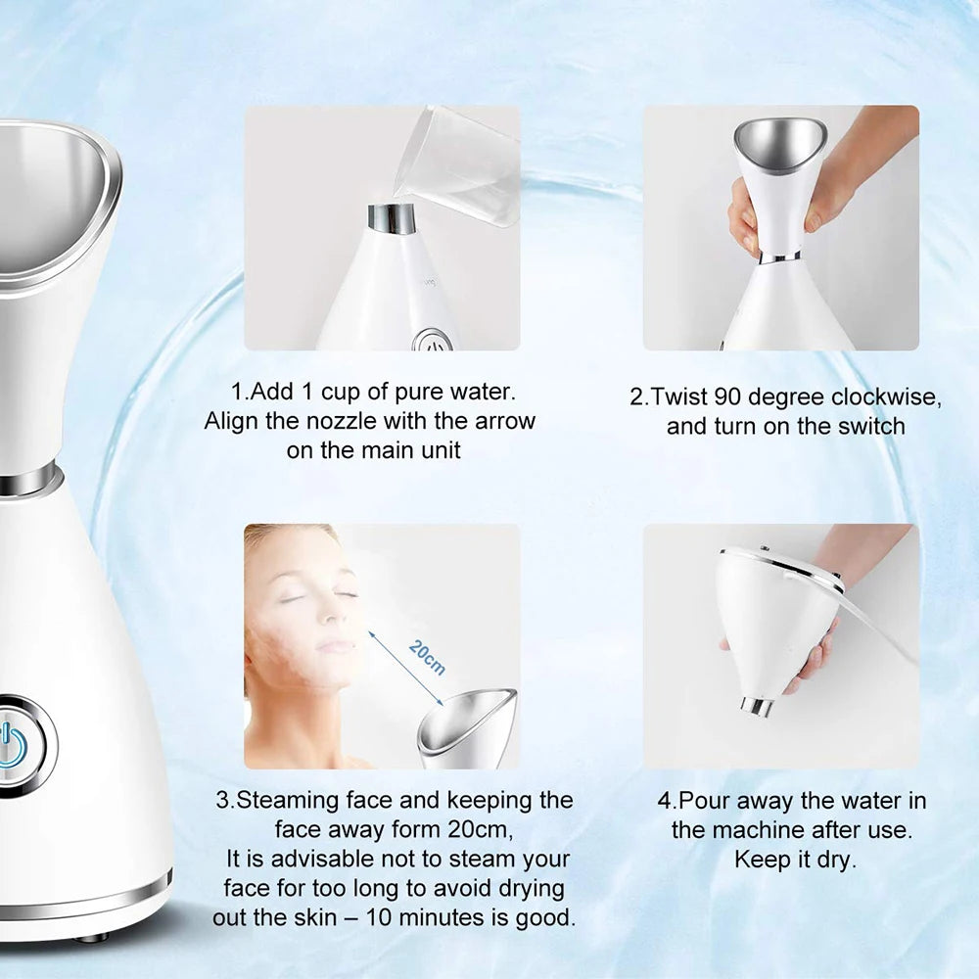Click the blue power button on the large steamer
(12, 747)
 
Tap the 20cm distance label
(427, 657)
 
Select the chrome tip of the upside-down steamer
(758, 706)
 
